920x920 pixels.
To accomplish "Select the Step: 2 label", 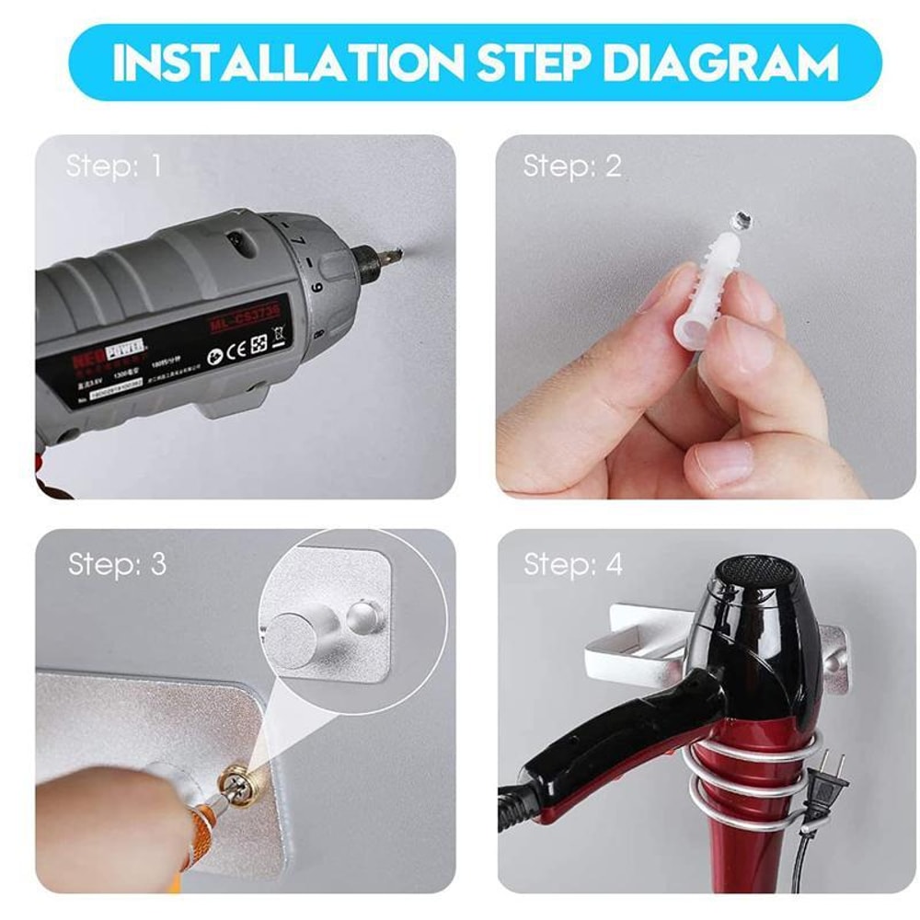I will click(572, 166).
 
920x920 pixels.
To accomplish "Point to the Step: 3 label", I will click(117, 564).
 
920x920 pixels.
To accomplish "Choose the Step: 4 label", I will click(573, 564).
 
